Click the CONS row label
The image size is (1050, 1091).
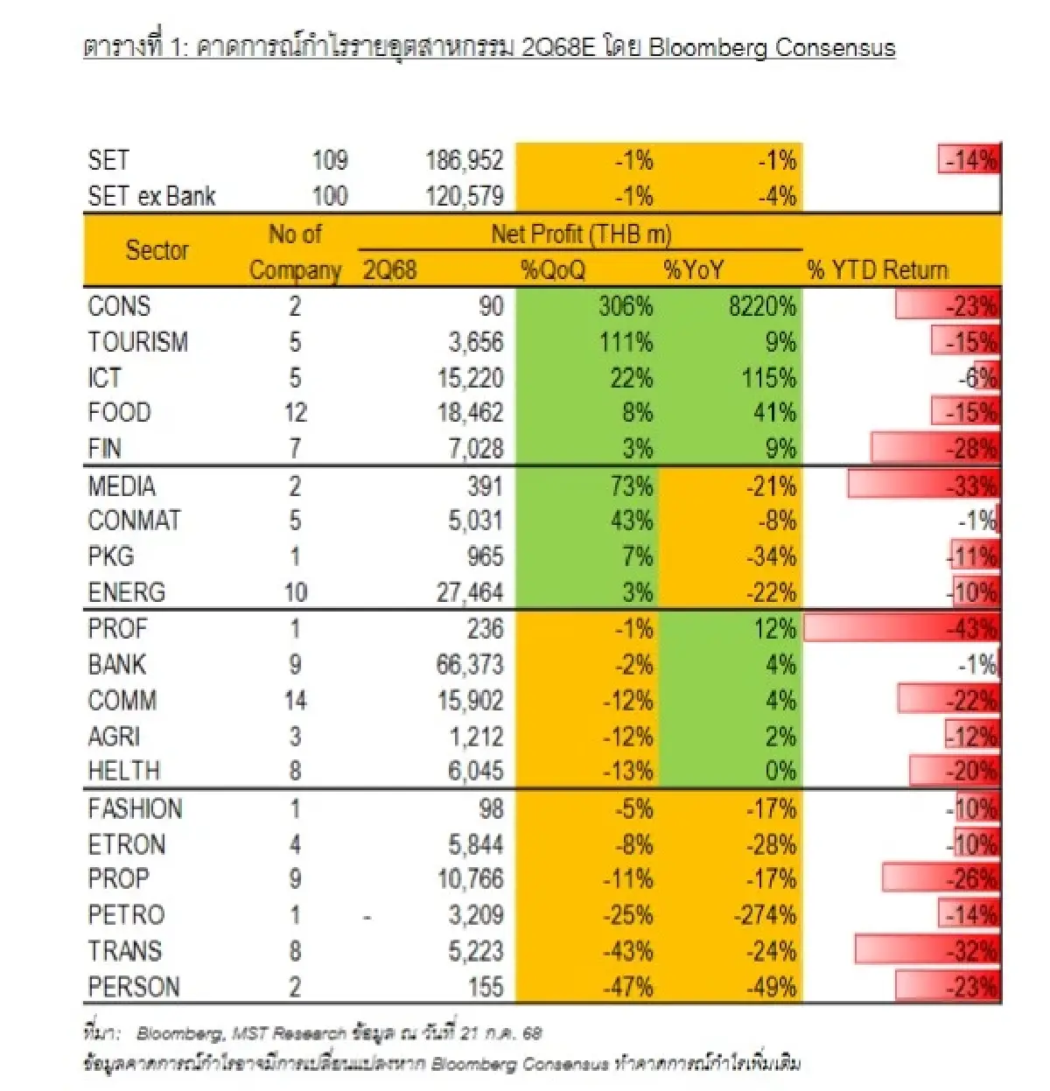point(119,306)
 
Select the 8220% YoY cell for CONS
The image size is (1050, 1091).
point(762,306)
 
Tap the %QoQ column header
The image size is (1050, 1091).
point(553,270)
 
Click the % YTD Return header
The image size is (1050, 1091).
point(877,270)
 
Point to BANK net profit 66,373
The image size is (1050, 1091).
point(470,665)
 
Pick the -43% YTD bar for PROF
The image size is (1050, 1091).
point(901,629)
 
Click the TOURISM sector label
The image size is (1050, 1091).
point(137,342)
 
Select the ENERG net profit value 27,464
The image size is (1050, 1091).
point(470,593)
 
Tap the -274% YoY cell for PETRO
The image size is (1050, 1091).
point(764,915)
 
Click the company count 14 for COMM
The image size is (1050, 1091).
point(295,701)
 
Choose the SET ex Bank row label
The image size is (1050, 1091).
point(151,197)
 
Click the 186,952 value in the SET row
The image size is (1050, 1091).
point(464,161)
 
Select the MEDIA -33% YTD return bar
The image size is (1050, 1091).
point(923,486)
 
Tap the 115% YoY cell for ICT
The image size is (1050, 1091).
point(768,378)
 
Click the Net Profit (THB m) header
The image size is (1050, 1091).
point(581,234)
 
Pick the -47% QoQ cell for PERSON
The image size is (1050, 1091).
point(627,988)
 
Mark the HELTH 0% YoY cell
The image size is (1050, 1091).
point(780,772)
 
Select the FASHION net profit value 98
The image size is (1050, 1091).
point(491,809)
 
